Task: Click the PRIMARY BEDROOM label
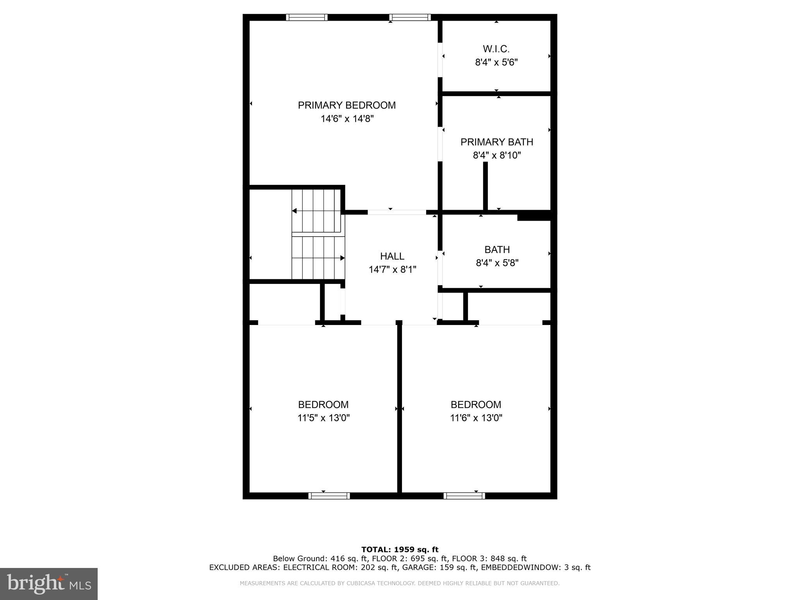click(x=346, y=105)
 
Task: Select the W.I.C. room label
click(x=496, y=49)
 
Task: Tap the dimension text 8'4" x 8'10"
click(x=497, y=155)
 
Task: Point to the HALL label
click(x=392, y=256)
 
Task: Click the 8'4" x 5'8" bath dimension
click(x=497, y=263)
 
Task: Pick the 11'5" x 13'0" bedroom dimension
click(x=323, y=418)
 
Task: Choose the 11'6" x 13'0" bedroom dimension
click(x=476, y=418)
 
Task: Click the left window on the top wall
click(x=307, y=17)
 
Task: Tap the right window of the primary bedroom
click(x=410, y=17)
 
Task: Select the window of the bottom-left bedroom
click(x=329, y=496)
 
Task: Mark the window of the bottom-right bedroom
click(x=464, y=496)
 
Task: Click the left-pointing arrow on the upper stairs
click(x=295, y=211)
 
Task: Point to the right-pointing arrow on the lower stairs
click(x=342, y=258)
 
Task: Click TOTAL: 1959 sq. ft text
click(x=400, y=550)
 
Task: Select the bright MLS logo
click(x=48, y=584)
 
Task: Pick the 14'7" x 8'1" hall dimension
click(x=392, y=270)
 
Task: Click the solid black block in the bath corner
click(x=534, y=216)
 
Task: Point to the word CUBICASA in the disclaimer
click(x=359, y=583)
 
